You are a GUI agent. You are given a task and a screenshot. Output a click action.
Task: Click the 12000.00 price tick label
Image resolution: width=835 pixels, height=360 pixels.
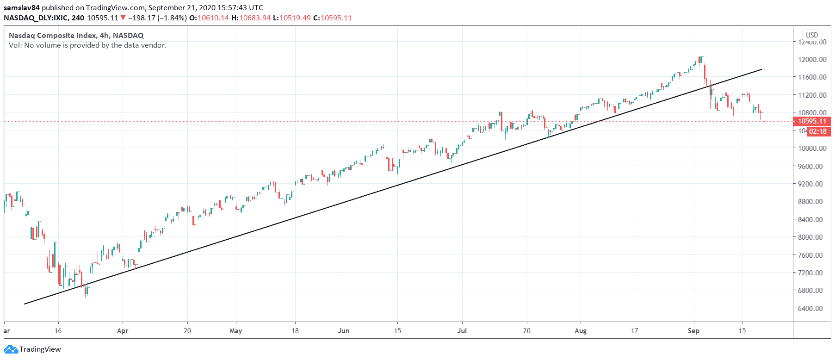coord(812,59)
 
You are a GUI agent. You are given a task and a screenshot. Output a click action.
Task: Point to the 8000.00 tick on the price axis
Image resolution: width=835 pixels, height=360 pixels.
coord(812,237)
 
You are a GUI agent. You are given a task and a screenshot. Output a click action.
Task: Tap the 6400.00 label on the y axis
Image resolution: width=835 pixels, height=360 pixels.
coord(812,308)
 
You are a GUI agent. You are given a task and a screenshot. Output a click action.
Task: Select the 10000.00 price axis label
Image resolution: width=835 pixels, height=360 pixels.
coord(812,148)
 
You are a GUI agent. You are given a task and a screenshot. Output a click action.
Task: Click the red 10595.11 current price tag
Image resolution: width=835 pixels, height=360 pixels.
coord(812,121)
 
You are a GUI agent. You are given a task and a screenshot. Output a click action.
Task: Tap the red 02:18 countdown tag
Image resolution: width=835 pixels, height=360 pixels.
coord(817,131)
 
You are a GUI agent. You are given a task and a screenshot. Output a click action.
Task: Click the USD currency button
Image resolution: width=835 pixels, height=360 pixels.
coord(812,35)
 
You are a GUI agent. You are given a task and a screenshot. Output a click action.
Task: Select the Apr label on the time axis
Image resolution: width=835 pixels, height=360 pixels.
coord(123,331)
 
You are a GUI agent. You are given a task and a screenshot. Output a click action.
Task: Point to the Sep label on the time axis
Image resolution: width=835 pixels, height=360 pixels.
coord(693,331)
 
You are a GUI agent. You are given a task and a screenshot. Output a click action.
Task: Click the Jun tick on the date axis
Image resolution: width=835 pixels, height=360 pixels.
coord(343,331)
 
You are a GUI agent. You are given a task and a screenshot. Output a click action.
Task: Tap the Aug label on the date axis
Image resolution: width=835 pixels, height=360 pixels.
coord(581,331)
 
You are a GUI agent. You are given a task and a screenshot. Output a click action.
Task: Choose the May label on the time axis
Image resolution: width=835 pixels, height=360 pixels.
coord(235,331)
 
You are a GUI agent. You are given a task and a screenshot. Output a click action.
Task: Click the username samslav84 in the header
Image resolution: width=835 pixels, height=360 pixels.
coord(22,7)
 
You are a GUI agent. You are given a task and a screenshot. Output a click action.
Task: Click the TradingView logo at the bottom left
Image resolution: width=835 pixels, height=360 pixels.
coord(33,349)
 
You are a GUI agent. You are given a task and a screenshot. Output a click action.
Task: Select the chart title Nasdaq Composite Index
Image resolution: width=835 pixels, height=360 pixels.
coord(53,35)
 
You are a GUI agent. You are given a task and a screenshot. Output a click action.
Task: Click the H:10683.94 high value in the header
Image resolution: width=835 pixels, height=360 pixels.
coord(251,18)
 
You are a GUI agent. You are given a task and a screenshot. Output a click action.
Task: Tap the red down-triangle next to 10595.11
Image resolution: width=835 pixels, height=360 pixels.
coord(123,18)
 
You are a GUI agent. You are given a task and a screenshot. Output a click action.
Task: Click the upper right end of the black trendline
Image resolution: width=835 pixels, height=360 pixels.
coord(761,69)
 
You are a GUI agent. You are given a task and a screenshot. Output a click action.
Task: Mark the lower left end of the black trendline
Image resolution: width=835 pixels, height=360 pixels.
coord(25,304)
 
